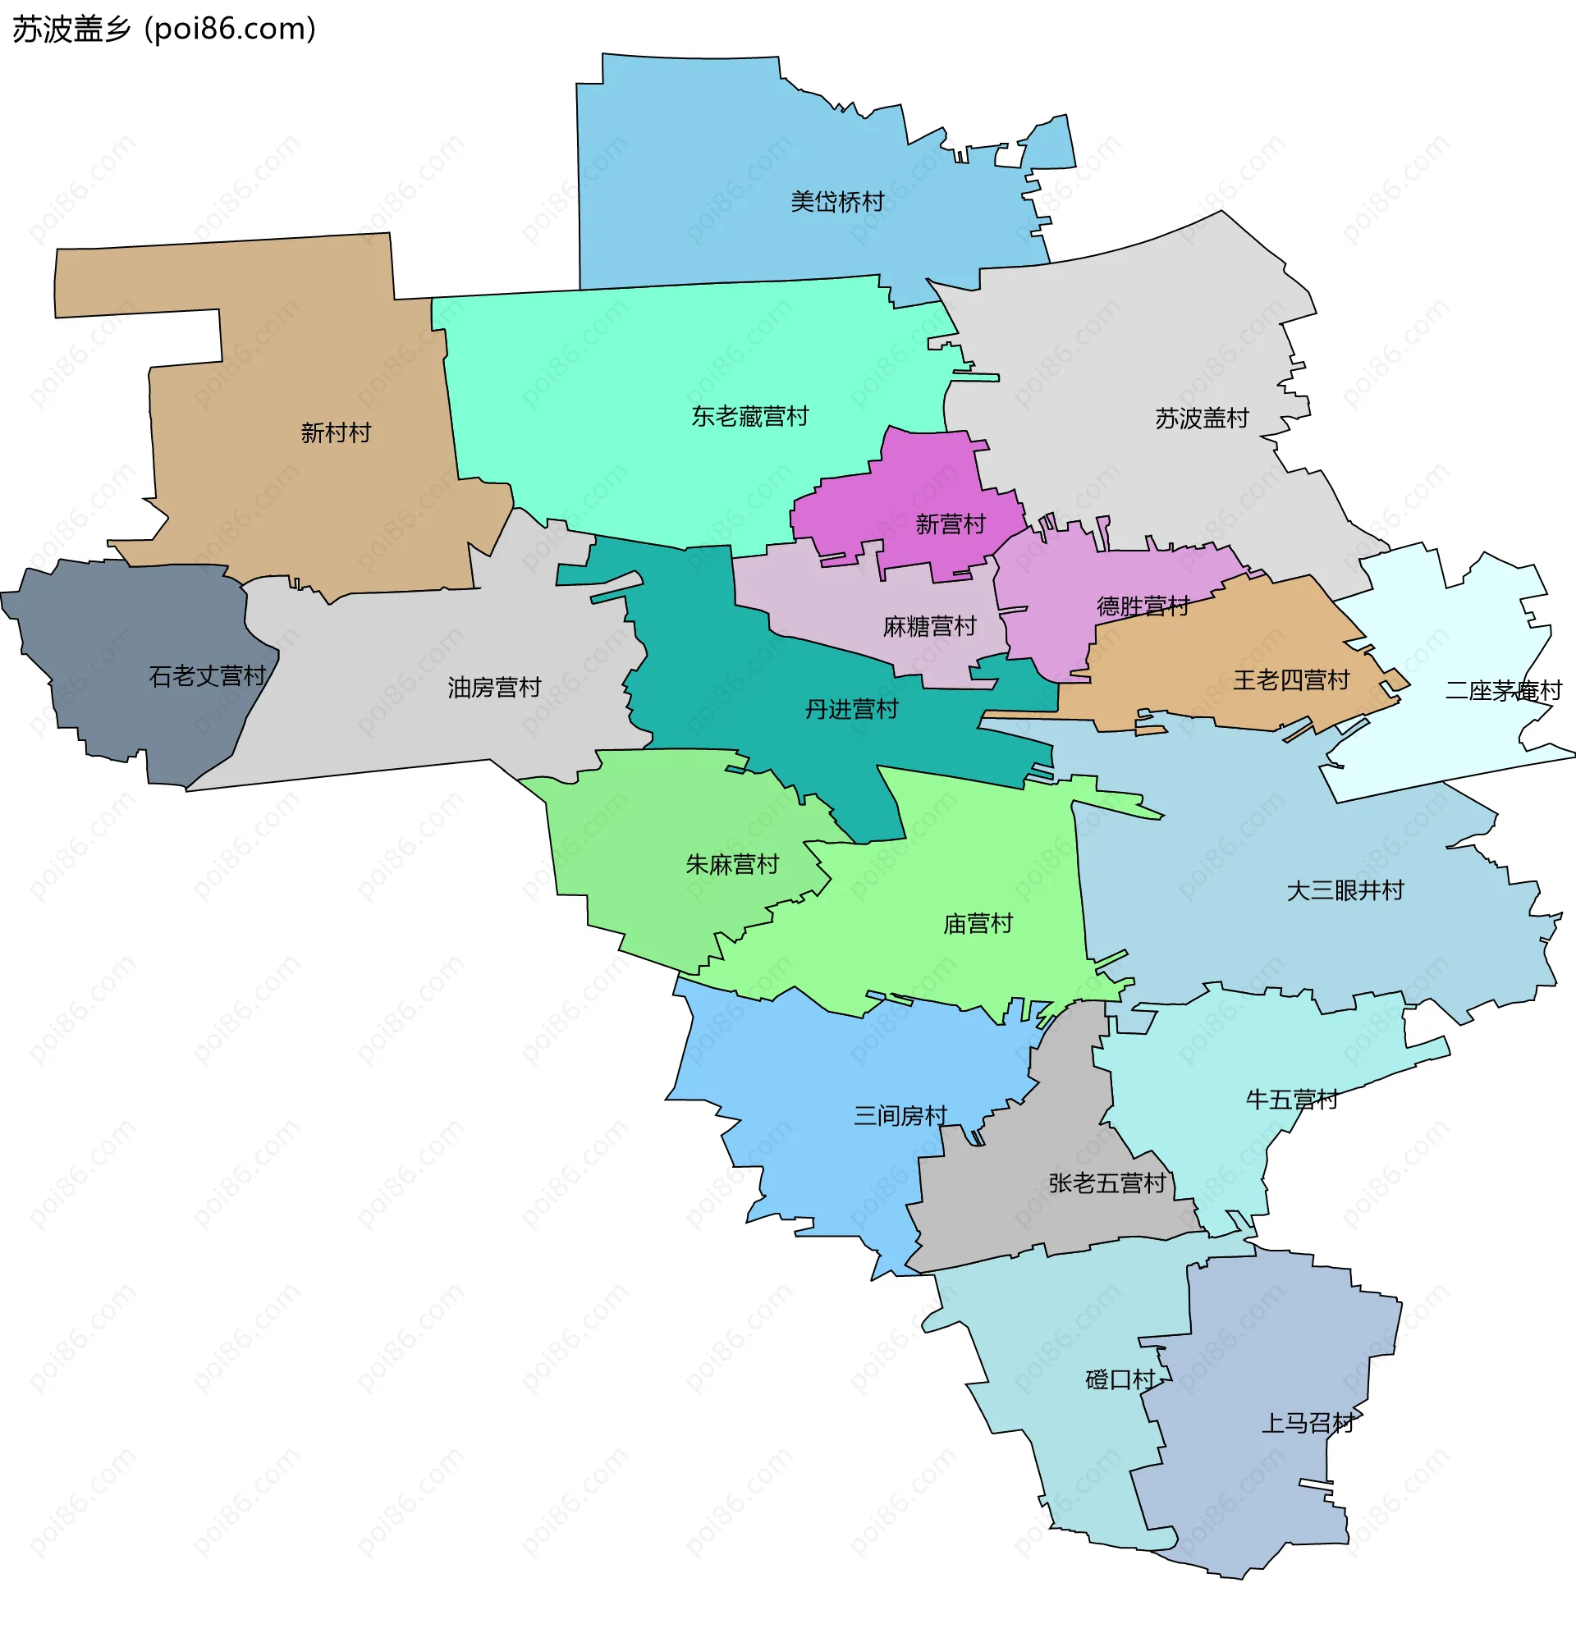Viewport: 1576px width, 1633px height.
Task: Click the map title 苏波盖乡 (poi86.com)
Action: pos(164,30)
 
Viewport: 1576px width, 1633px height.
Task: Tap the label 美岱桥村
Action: pos(836,202)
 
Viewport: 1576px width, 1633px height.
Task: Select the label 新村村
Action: pos(336,432)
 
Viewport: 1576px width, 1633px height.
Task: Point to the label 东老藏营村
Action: pos(749,417)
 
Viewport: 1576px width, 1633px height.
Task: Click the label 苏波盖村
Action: pos(1201,419)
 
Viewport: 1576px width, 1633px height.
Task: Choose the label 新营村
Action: pos(950,524)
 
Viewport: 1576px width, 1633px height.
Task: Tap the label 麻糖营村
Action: pos(929,625)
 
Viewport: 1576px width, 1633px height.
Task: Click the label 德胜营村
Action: pos(1143,606)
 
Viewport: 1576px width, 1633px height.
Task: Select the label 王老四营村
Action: pos(1291,679)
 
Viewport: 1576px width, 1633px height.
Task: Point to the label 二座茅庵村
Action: pos(1503,691)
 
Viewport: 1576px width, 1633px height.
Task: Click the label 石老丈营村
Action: pos(208,675)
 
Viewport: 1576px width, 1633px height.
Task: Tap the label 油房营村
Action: pos(494,688)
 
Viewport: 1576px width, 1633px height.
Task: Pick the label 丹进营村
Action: pos(851,709)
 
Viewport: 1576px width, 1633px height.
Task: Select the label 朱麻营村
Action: pos(731,864)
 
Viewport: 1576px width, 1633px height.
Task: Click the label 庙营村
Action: pos(978,923)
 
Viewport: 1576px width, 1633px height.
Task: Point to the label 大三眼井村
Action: pos(1345,890)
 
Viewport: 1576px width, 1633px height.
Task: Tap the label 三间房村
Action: pos(900,1115)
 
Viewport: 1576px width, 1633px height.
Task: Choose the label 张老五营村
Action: pos(1106,1183)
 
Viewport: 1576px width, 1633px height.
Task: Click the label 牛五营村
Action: pos(1291,1100)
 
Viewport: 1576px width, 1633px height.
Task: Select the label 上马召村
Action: pos(1307,1423)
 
